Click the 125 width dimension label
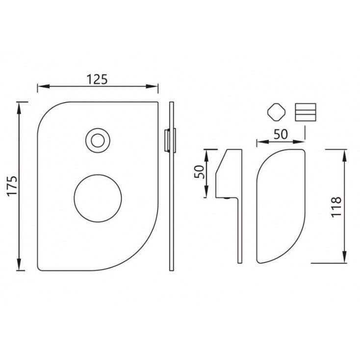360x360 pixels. pyautogui.click(x=97, y=79)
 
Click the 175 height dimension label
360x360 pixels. pyautogui.click(x=12, y=185)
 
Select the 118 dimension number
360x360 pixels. pyautogui.click(x=336, y=206)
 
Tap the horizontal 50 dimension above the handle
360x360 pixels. pyautogui.click(x=281, y=134)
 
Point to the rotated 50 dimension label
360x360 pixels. pyautogui.click(x=199, y=172)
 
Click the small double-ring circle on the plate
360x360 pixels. pyautogui.click(x=98, y=140)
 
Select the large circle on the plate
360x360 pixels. pyautogui.click(x=98, y=198)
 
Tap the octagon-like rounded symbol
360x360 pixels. pyautogui.click(x=277, y=112)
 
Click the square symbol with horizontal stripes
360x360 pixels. pyautogui.click(x=306, y=112)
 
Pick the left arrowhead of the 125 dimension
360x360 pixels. pyautogui.click(x=43, y=86)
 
